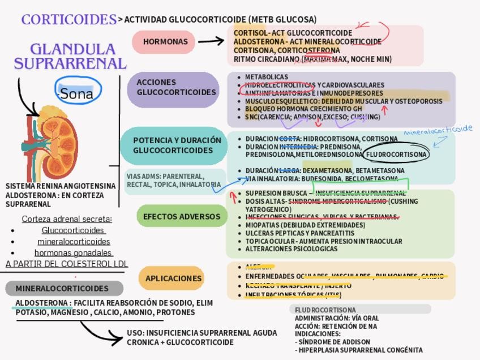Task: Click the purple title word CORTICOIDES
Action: [x=68, y=19]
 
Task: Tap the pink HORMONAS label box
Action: [x=165, y=42]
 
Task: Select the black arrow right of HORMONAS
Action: [x=211, y=41]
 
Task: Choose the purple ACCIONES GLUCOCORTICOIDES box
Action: [x=173, y=87]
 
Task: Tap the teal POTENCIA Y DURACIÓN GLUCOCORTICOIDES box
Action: [x=177, y=145]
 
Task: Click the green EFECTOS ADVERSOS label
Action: [x=181, y=216]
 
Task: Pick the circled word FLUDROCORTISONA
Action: [x=396, y=155]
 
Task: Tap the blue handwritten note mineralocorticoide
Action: [x=438, y=130]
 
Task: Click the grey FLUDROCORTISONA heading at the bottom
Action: [x=325, y=310]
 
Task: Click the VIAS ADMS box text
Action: [x=173, y=181]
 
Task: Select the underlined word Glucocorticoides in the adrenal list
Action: [x=73, y=230]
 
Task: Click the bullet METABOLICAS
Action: [x=266, y=77]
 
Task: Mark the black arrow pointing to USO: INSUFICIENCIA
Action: [x=102, y=333]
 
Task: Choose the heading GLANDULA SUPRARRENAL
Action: [x=70, y=57]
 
